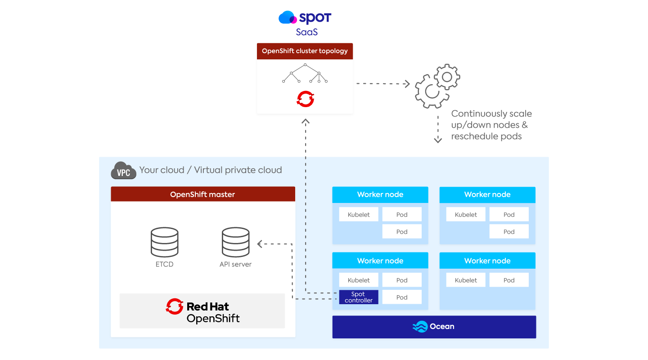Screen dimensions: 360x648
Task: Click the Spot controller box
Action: pyautogui.click(x=359, y=297)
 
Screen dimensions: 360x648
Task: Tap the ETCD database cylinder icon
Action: pyautogui.click(x=164, y=242)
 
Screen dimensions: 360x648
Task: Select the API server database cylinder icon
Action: pyautogui.click(x=235, y=242)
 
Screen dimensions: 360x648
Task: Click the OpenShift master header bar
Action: pyautogui.click(x=203, y=194)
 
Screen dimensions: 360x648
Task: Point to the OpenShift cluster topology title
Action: pyautogui.click(x=305, y=51)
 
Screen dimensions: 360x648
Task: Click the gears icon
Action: pyautogui.click(x=437, y=86)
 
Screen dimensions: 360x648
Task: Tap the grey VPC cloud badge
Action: pyautogui.click(x=123, y=171)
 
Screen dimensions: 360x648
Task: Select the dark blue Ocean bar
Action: pyautogui.click(x=434, y=327)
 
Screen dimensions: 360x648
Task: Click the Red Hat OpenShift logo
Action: pyautogui.click(x=202, y=311)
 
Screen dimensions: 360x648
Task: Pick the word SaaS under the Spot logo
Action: pyautogui.click(x=307, y=32)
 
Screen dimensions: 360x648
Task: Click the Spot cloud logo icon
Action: pyautogui.click(x=288, y=18)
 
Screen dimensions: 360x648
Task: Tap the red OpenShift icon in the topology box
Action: pyautogui.click(x=305, y=99)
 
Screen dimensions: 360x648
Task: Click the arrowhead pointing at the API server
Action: pyautogui.click(x=260, y=244)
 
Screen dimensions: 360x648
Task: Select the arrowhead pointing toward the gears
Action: pyautogui.click(x=407, y=84)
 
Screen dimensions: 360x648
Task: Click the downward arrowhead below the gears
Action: pyautogui.click(x=438, y=140)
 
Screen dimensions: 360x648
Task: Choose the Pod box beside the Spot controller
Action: pyautogui.click(x=402, y=297)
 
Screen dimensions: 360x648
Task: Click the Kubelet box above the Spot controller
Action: pyautogui.click(x=359, y=280)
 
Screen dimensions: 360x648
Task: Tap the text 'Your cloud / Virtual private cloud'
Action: pyautogui.click(x=211, y=170)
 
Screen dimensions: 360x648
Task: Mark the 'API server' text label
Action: pyautogui.click(x=235, y=264)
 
